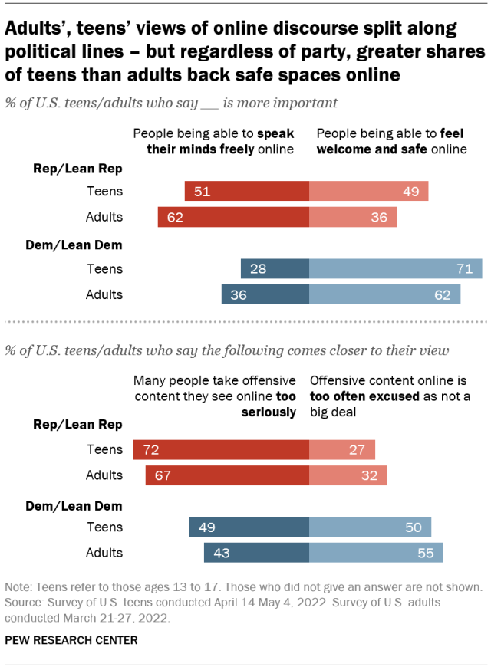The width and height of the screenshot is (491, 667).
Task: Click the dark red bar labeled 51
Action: (246, 192)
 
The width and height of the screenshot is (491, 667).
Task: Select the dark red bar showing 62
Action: (233, 217)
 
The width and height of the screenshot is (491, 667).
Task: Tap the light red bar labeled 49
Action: (368, 192)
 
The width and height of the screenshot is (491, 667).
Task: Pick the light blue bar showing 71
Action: (395, 269)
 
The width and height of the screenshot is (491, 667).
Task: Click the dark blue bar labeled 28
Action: (275, 269)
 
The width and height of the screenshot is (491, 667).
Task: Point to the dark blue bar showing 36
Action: (265, 294)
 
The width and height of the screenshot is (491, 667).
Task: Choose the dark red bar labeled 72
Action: (221, 449)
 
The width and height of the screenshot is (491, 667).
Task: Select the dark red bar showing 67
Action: (227, 475)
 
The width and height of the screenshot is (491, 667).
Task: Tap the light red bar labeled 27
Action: (342, 449)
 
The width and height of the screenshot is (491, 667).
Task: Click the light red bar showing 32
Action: (348, 475)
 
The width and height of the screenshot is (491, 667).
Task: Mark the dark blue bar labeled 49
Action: (249, 527)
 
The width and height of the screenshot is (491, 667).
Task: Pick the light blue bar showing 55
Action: (376, 552)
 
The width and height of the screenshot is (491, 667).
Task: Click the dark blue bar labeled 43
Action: (256, 552)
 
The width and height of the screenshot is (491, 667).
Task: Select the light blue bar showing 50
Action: (370, 527)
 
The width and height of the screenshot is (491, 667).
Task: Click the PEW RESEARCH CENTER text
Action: (71, 638)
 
